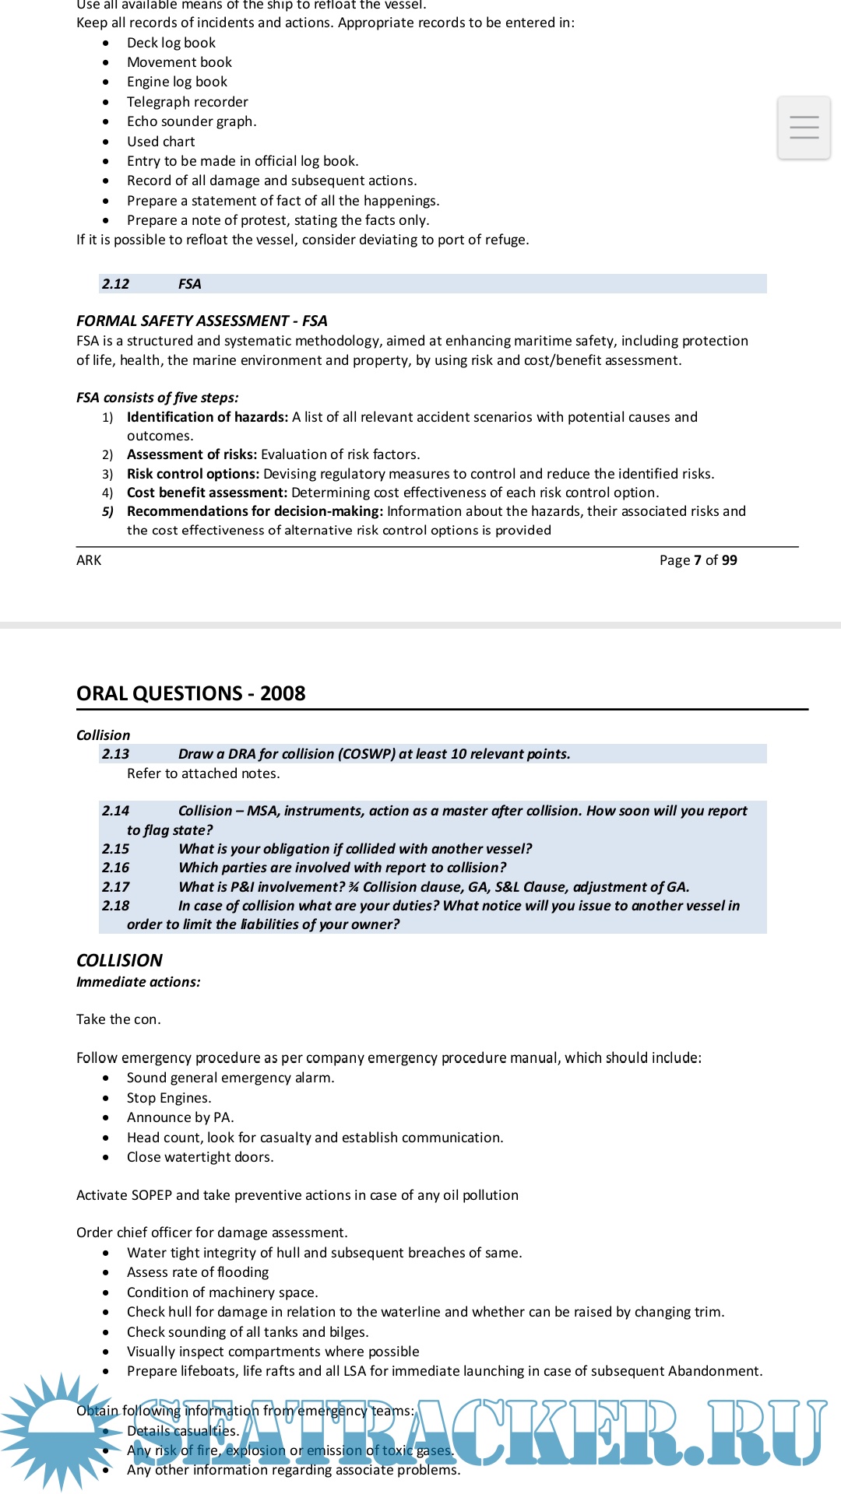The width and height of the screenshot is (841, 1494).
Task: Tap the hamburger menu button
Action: coord(804,128)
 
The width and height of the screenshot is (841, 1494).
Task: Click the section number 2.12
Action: coord(115,284)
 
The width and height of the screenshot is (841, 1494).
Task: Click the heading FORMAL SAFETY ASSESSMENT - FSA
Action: coord(202,321)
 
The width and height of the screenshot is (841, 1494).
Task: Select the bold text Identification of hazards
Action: coord(207,417)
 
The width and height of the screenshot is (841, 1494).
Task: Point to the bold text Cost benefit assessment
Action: coord(207,493)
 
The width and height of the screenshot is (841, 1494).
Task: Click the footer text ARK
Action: coord(89,560)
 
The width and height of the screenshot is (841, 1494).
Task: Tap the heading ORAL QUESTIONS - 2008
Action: coord(191,693)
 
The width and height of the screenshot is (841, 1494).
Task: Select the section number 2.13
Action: coord(115,754)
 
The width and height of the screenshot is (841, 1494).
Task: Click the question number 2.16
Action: coord(115,868)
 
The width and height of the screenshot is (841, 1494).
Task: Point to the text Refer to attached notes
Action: coord(203,773)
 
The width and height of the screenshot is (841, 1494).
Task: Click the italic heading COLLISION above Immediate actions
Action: coord(119,960)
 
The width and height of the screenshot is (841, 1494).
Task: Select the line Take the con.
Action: coord(118,1019)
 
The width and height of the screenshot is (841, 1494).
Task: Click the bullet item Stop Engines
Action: coord(169,1098)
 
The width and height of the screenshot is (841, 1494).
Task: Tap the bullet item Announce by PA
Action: coord(180,1117)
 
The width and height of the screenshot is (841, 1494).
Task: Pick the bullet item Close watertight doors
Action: coord(200,1157)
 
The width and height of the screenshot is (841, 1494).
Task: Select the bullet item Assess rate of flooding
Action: coord(198,1272)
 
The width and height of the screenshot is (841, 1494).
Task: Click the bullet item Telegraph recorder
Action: coord(188,102)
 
